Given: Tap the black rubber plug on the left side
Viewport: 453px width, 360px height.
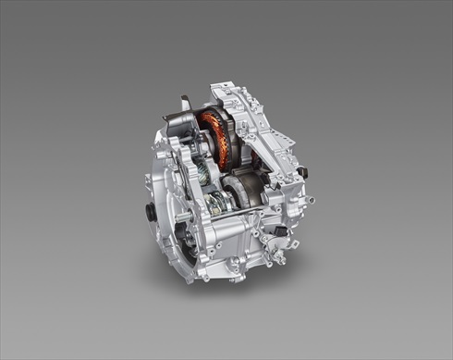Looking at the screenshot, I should (151, 212).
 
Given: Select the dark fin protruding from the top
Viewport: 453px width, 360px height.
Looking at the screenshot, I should (187, 103).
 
